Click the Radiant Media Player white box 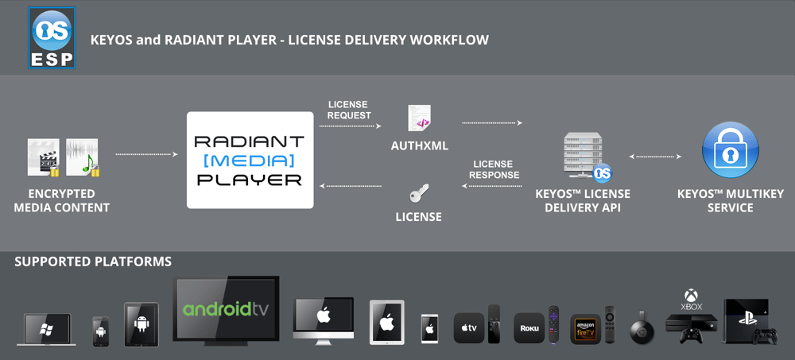250,160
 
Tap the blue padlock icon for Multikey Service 730,150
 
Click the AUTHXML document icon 419,118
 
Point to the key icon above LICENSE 418,193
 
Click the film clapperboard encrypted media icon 44,157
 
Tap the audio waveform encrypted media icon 83,157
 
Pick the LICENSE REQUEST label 349,110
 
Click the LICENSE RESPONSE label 494,169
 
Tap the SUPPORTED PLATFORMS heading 93,261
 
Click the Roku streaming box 528,327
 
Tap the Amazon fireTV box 585,327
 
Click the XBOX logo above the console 691,300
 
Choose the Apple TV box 468,327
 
